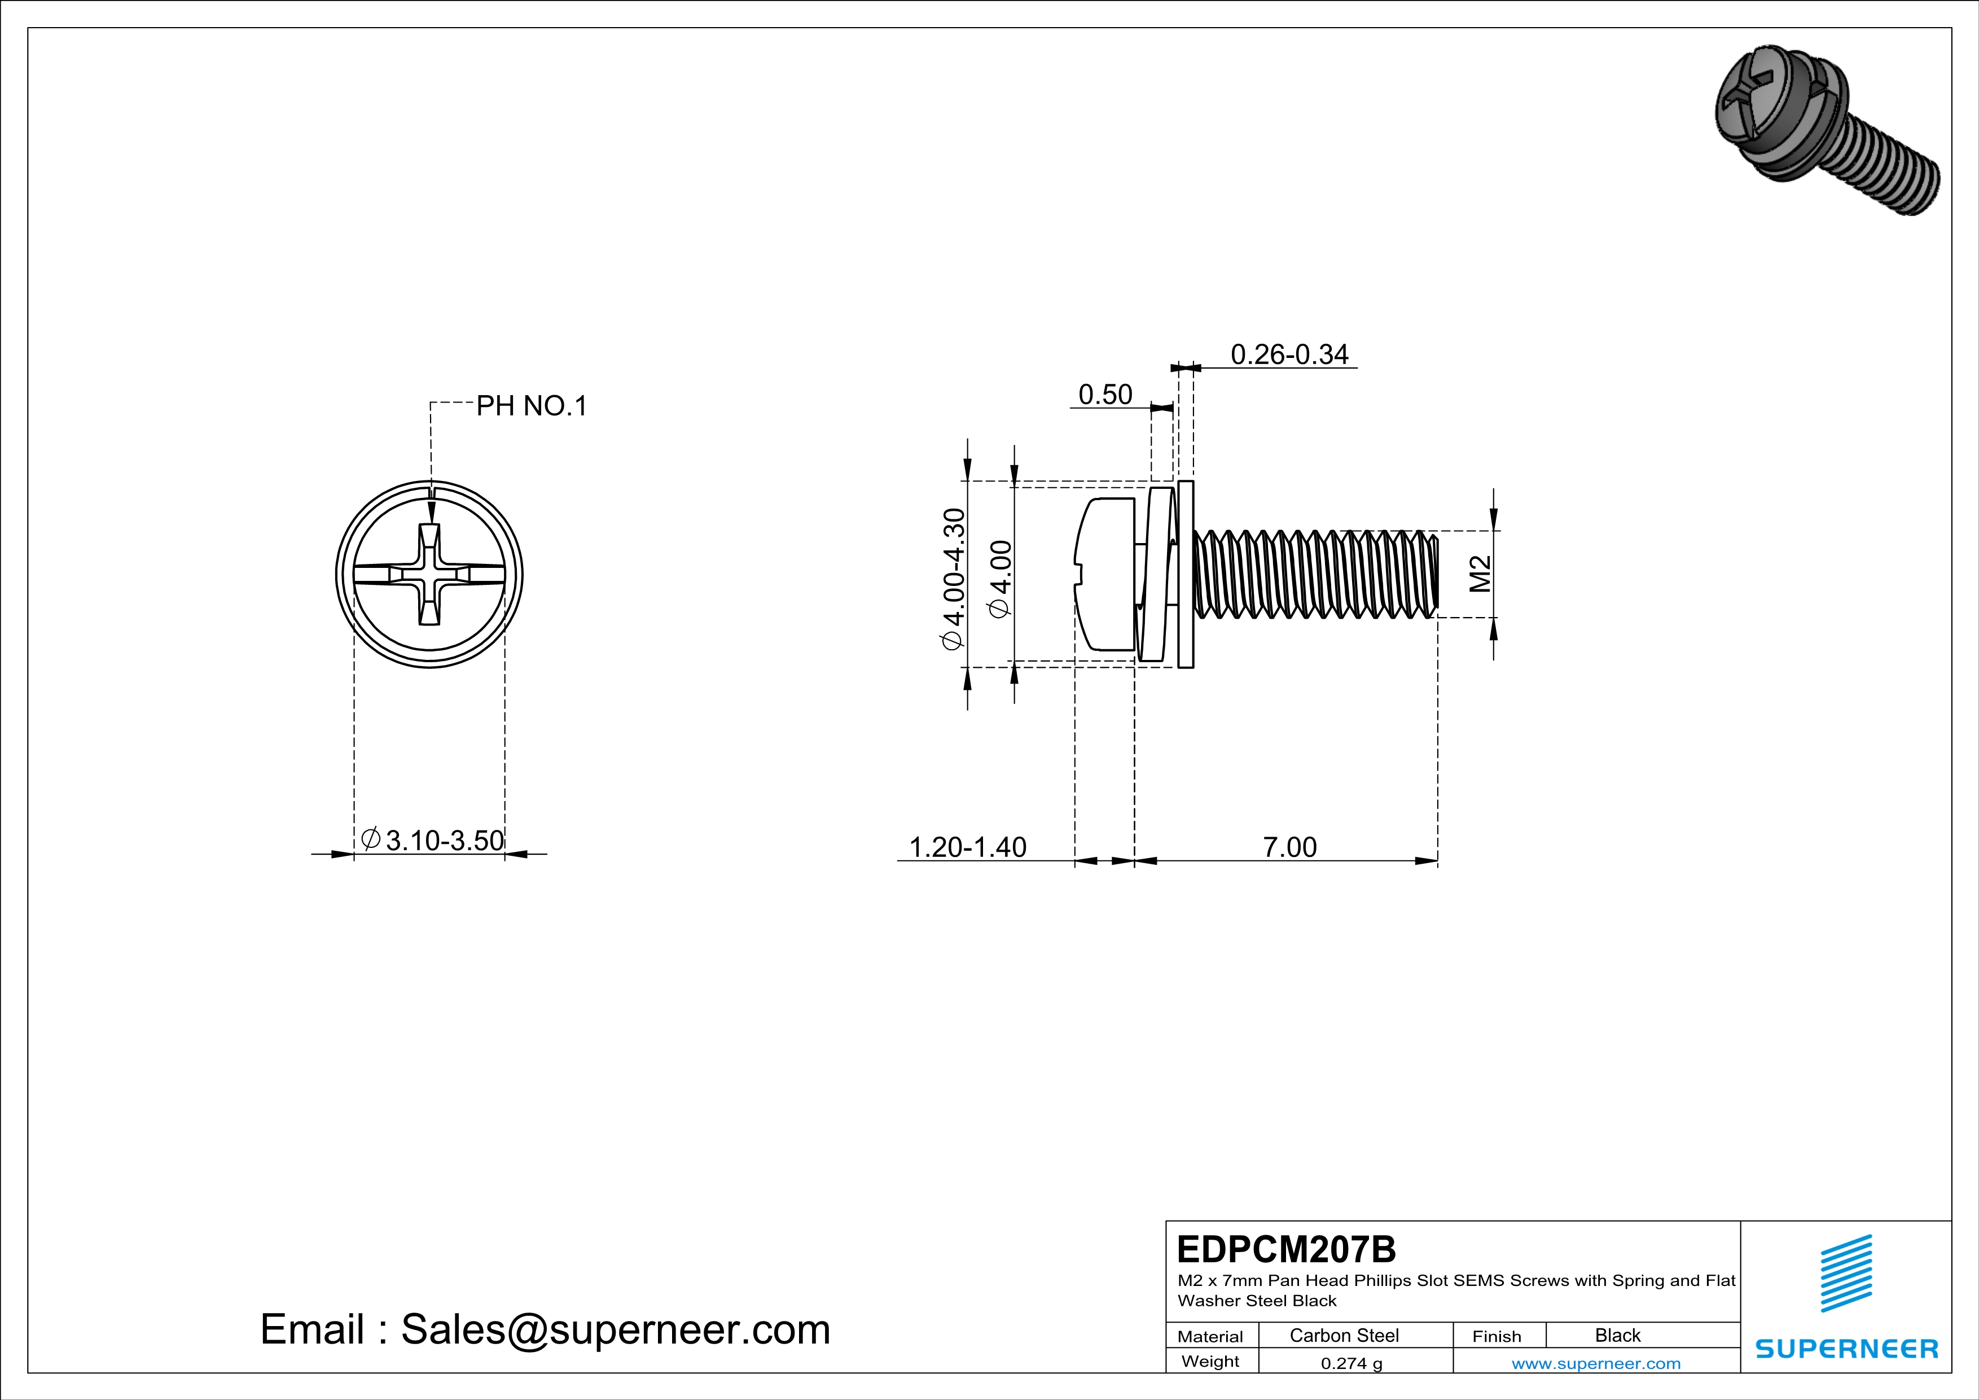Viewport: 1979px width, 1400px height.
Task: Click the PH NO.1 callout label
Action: [531, 405]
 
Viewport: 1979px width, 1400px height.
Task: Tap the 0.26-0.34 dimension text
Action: [1289, 355]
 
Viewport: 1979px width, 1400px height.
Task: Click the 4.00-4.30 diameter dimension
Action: [953, 579]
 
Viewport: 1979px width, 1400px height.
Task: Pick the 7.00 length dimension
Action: [1289, 847]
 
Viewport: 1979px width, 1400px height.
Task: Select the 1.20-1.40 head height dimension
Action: [968, 847]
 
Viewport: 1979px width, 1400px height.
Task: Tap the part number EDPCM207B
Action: [1286, 1249]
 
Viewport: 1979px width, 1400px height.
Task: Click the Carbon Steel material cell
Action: [1344, 1335]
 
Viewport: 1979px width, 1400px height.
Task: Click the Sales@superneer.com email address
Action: [616, 1329]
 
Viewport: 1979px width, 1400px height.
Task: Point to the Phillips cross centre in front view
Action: [430, 574]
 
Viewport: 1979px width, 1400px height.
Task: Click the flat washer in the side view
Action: [1185, 574]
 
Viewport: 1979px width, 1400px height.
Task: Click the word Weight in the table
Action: [1210, 1361]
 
